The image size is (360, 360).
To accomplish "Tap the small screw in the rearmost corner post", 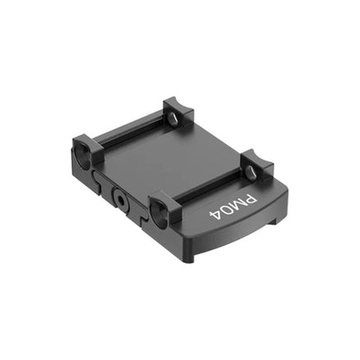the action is tap(172, 118).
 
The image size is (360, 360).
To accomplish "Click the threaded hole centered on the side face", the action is tap(119, 198).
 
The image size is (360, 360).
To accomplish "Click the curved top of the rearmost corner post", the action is tap(178, 104).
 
